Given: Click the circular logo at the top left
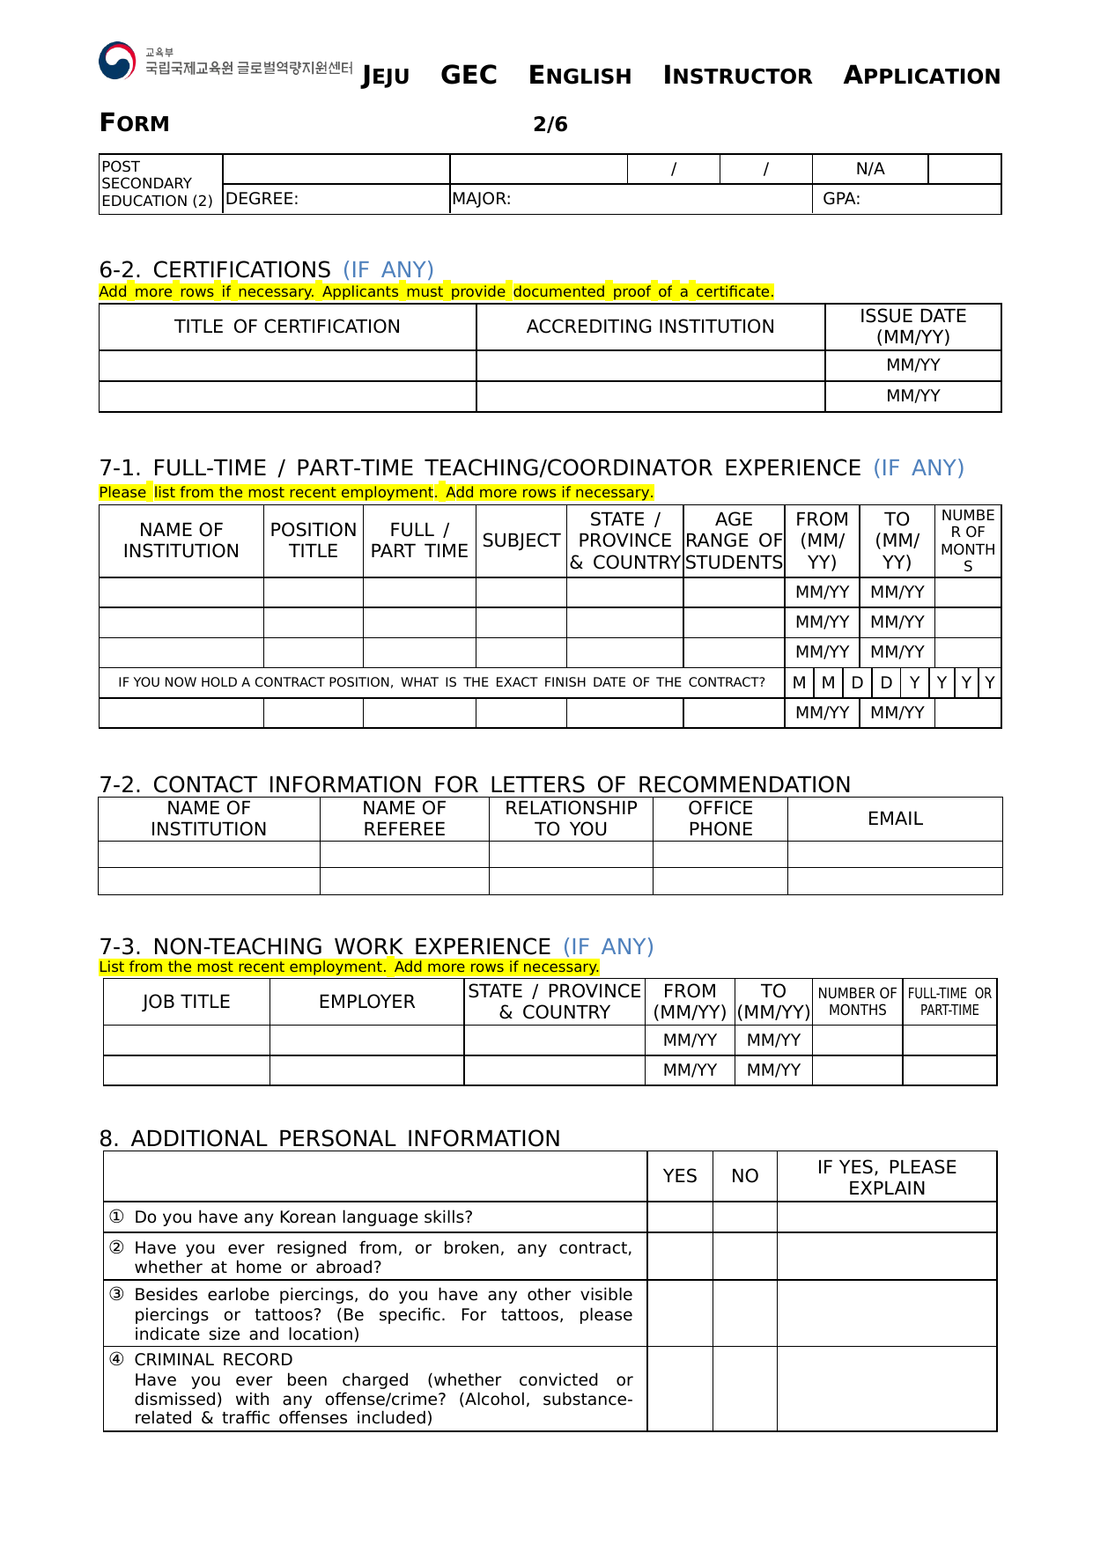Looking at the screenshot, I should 117,61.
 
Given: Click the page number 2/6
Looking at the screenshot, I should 550,124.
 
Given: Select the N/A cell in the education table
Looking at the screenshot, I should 869,169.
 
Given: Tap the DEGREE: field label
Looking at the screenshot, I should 262,199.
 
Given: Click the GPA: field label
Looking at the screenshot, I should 841,199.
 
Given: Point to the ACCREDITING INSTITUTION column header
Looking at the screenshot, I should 650,327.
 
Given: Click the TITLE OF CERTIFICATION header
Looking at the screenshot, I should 287,327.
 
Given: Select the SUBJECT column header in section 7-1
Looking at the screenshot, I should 521,540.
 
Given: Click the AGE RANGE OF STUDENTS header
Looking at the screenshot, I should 734,540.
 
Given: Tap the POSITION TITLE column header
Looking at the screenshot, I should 314,540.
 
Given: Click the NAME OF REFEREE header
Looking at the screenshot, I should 404,819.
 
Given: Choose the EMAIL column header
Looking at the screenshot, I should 895,819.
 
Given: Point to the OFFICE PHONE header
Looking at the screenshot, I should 720,819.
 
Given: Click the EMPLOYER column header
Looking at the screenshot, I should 366,1002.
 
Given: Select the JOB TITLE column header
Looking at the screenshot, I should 186,1002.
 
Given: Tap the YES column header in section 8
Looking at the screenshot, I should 680,1176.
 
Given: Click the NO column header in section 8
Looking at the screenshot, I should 744,1176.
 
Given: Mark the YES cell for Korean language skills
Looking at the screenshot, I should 680,1217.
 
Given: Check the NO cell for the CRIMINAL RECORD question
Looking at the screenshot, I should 744,1388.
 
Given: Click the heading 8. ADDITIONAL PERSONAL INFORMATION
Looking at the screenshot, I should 329,1138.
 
